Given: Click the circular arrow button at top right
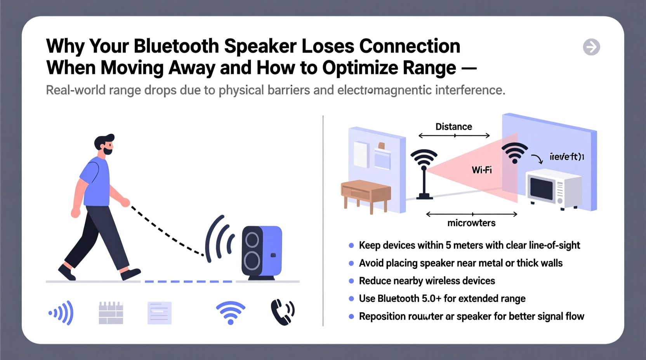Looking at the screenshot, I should tap(591, 47).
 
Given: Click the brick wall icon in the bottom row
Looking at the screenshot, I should tap(111, 313).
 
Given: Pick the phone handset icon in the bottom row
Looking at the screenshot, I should tap(282, 312).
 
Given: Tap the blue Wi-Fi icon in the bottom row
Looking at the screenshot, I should tap(231, 313).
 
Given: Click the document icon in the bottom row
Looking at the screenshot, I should tap(159, 313).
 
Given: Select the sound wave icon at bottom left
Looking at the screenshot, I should tap(61, 313).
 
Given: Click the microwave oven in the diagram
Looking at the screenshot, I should tap(553, 189).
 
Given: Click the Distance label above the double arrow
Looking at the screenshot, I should tap(453, 127).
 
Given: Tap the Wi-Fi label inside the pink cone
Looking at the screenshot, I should tap(481, 170).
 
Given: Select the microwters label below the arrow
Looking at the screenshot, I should tap(471, 223).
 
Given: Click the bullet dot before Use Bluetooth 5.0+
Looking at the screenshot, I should tap(351, 299).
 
